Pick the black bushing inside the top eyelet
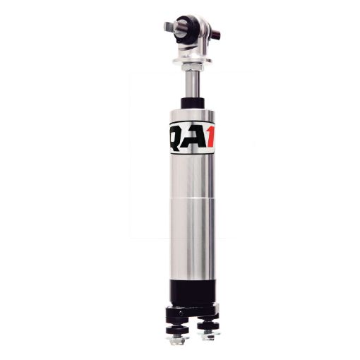[188, 29]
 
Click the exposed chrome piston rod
[191, 85]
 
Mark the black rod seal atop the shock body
[191, 103]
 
